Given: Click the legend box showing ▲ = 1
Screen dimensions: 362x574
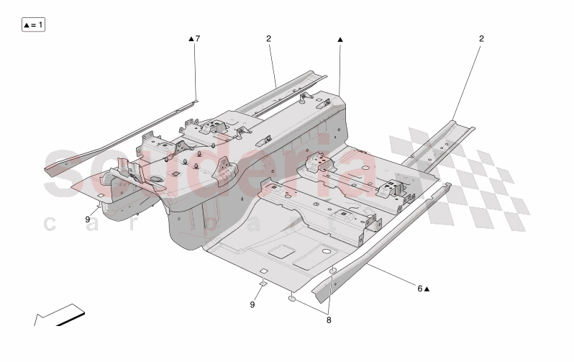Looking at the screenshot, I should click(x=33, y=25).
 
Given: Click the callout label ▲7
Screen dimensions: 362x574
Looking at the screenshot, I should click(x=194, y=38).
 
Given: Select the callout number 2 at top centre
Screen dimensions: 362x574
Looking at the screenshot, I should click(x=268, y=38).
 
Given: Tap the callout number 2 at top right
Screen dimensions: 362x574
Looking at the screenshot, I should click(x=481, y=38).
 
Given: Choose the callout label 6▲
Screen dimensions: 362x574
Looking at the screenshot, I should click(x=423, y=289).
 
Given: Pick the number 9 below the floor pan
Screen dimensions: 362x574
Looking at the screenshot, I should click(x=252, y=304).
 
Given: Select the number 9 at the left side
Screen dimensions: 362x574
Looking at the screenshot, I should click(x=88, y=219).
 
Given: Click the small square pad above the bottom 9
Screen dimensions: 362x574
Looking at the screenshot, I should click(x=263, y=282).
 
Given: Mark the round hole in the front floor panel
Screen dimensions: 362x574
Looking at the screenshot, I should click(x=326, y=251).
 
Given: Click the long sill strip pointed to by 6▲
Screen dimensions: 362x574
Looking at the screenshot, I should click(x=381, y=237).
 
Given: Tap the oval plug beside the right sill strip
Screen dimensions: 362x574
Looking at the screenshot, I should click(x=334, y=271).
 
